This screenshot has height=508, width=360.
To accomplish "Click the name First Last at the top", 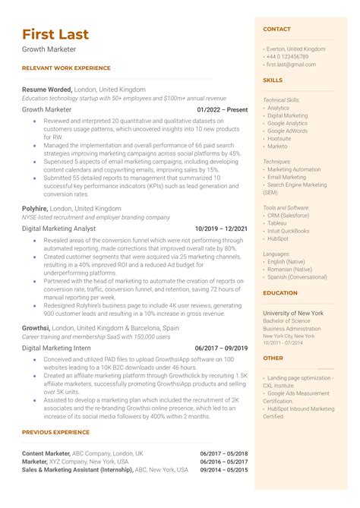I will pyautogui.click(x=55, y=34).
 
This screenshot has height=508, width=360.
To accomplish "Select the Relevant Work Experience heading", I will pyautogui.click(x=66, y=68).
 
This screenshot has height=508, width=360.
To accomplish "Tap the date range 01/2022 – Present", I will pyautogui.click(x=222, y=109).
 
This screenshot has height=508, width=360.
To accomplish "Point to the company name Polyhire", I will pyautogui.click(x=35, y=208).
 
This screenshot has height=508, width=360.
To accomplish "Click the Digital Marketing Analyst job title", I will pyautogui.click(x=58, y=228).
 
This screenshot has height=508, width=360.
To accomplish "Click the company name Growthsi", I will pyautogui.click(x=36, y=327).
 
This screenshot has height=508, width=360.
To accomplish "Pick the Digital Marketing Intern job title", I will pyautogui.click(x=56, y=348).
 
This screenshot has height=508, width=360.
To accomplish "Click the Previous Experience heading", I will pyautogui.click(x=57, y=432).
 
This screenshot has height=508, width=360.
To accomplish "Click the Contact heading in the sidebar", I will pyautogui.click(x=276, y=29).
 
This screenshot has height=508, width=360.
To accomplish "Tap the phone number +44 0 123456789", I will pyautogui.click(x=288, y=56).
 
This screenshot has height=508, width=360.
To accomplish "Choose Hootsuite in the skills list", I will pyautogui.click(x=279, y=138).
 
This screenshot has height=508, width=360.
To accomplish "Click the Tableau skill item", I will pyautogui.click(x=277, y=223).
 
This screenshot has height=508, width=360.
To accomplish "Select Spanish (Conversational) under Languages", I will pyautogui.click(x=295, y=276).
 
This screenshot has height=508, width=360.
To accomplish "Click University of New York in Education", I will pyautogui.click(x=292, y=313).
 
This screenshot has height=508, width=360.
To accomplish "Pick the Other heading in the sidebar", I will pyautogui.click(x=273, y=358).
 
